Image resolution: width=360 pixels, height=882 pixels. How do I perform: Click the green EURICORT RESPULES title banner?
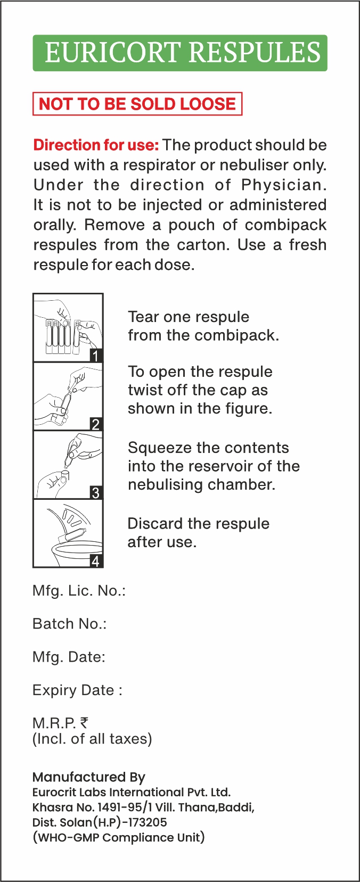[180, 53]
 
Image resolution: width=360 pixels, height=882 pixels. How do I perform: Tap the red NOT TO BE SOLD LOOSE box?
[137, 104]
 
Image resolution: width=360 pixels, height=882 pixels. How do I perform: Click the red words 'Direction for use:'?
[96, 145]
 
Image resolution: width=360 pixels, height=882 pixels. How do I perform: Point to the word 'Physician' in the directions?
[284, 185]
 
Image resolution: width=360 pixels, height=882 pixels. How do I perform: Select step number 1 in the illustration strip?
[96, 356]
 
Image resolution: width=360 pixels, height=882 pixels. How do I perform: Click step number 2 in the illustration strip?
[96, 424]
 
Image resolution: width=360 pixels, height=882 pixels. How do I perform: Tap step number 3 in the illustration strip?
[96, 492]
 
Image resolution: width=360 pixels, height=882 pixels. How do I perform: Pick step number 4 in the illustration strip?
[96, 561]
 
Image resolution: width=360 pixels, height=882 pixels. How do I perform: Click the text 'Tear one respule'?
[189, 317]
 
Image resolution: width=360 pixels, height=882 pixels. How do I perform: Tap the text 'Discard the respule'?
[199, 524]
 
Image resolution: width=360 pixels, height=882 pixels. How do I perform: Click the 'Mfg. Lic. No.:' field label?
[79, 591]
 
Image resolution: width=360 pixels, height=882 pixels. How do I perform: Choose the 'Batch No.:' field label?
[70, 624]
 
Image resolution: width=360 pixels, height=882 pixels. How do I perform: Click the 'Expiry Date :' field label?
[77, 690]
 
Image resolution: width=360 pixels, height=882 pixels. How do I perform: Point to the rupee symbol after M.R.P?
[84, 723]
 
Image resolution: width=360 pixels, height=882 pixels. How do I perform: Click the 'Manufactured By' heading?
[89, 777]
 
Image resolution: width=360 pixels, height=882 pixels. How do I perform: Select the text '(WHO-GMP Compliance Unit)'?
[119, 837]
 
